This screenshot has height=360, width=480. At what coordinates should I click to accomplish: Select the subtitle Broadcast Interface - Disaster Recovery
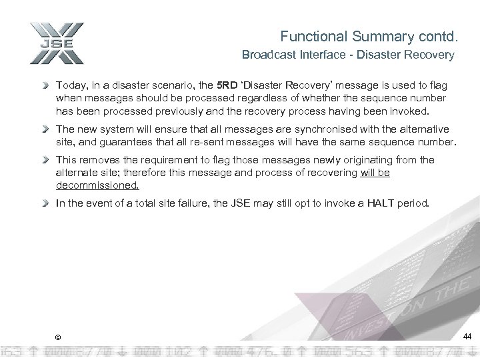(x=348, y=56)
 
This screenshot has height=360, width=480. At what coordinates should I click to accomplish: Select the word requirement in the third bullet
(x=165, y=160)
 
